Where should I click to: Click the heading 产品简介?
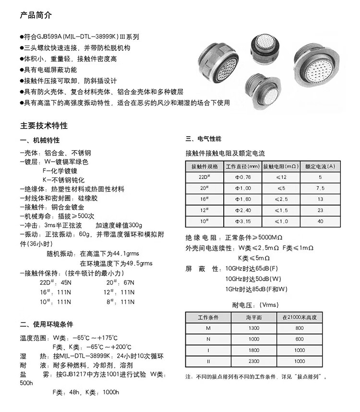35,15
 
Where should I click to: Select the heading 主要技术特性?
44,126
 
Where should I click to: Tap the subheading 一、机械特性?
40,140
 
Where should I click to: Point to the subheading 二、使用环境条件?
47,324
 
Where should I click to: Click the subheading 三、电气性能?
203,139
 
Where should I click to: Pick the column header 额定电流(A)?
320,166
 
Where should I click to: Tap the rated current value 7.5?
320,188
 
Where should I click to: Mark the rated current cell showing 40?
320,221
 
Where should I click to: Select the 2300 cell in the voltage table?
253,361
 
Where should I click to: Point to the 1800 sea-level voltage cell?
253,350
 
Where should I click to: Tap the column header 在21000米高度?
300,318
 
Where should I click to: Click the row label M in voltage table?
208,328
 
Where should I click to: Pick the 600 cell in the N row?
300,339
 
